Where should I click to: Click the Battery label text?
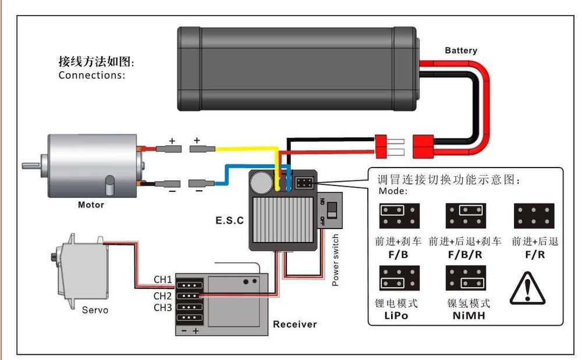point(461,51)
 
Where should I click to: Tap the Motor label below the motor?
point(91,205)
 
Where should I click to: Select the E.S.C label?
point(229,221)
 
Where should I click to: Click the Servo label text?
point(95,310)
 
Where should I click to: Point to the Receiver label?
point(295,324)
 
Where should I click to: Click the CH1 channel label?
point(163,280)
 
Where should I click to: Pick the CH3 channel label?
point(163,307)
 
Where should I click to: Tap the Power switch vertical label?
point(335,260)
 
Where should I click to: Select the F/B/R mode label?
point(466,255)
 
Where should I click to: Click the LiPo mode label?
point(396,316)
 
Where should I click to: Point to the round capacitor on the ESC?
point(260,183)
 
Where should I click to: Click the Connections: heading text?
point(92,75)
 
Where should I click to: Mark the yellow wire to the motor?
point(244,149)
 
